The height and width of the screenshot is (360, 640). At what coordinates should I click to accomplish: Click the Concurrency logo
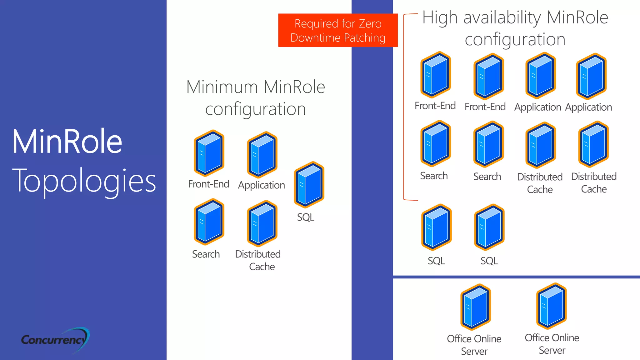click(55, 340)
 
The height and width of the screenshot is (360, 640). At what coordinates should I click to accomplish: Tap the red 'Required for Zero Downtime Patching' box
click(337, 30)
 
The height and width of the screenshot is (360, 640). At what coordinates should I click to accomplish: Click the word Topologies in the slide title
click(84, 181)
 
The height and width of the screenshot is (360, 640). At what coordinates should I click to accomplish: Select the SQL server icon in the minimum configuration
click(309, 185)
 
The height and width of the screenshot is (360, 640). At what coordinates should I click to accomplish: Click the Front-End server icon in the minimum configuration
click(209, 153)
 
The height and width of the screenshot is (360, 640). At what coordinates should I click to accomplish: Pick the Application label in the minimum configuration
click(261, 185)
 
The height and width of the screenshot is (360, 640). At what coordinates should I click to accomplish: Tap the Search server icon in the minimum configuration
click(209, 222)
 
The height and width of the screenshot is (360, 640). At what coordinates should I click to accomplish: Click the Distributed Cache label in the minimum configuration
click(258, 260)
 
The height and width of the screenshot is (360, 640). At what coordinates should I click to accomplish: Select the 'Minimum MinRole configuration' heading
click(256, 97)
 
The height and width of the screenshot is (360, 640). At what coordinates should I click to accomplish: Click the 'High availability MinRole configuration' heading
click(515, 28)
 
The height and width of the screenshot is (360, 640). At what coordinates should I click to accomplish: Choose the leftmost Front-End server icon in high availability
click(436, 75)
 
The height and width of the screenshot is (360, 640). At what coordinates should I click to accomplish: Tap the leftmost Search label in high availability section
click(434, 176)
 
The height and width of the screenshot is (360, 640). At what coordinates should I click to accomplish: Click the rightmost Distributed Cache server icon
click(593, 144)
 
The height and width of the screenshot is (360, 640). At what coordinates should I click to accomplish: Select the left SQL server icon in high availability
click(436, 227)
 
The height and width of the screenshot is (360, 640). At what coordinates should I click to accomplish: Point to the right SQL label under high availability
click(489, 261)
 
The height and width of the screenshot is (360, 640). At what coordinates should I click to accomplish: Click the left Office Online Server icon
click(475, 307)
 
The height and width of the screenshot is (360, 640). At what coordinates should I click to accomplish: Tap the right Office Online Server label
click(552, 344)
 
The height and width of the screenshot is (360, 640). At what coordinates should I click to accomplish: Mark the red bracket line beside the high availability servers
click(404, 106)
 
